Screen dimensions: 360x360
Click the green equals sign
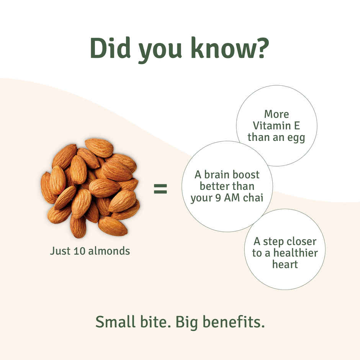160,188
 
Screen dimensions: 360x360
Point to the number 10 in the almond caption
79,251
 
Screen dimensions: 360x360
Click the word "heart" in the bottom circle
285,264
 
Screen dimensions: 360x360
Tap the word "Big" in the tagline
186,323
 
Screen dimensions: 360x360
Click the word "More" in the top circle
277,114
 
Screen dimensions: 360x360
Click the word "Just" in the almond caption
60,251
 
